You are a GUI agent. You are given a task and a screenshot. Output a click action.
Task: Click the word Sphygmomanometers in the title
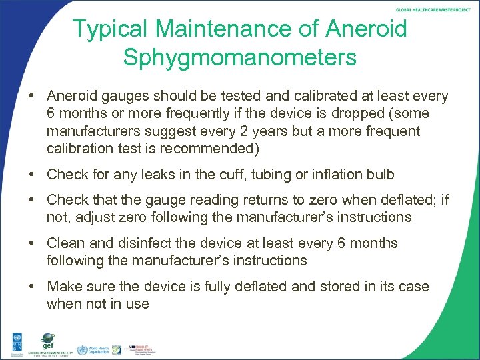(x=239, y=58)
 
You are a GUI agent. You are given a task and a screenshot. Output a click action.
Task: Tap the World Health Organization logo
(x=91, y=350)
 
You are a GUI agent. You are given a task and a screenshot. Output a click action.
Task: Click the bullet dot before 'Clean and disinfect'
(x=32, y=243)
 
